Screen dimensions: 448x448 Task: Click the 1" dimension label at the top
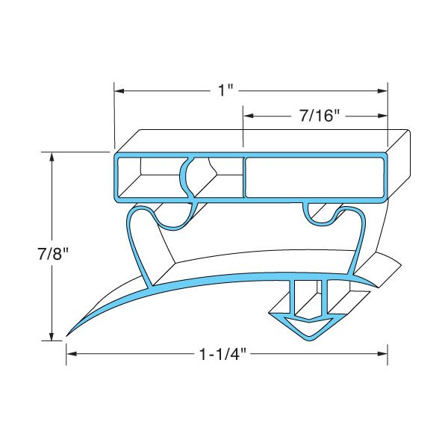click(x=225, y=91)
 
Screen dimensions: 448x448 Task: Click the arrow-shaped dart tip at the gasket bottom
click(x=308, y=329)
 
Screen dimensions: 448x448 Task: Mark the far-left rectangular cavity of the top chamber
click(x=146, y=178)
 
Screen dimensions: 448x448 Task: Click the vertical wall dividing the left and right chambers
click(x=244, y=178)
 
